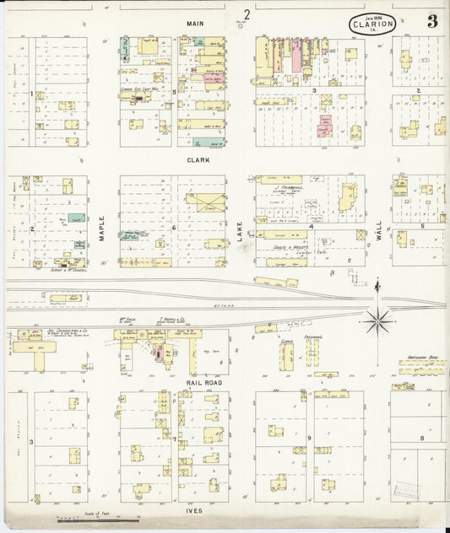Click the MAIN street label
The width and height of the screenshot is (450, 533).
[x=196, y=24]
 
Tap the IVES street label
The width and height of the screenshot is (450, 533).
[x=198, y=511]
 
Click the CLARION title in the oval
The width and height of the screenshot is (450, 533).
[x=371, y=25]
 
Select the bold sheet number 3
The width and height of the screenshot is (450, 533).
[x=431, y=22]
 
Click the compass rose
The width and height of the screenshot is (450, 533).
[x=377, y=319]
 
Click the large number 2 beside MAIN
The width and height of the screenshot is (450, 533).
[x=247, y=13]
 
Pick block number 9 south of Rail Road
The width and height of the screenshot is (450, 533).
[x=309, y=438]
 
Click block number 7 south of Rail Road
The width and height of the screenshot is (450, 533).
[x=174, y=439]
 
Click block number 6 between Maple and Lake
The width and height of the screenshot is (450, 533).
[x=174, y=228]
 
